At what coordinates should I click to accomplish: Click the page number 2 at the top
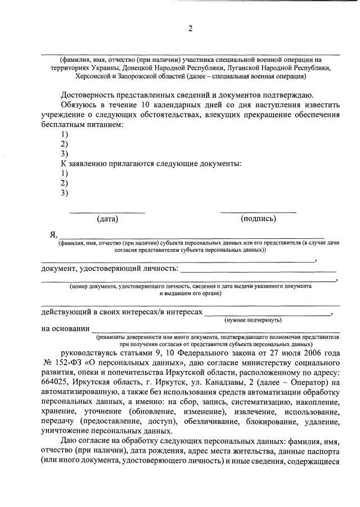[x=190, y=30]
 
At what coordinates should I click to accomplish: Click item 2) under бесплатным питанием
[x=64, y=144]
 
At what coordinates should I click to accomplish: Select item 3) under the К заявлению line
[x=64, y=193]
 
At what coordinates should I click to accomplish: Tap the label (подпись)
[x=258, y=218]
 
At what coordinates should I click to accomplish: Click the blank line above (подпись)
[x=258, y=211]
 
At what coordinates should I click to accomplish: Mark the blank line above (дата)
[x=107, y=211]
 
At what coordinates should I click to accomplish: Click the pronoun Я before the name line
[x=53, y=234]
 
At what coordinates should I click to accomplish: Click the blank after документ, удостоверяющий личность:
[x=259, y=270]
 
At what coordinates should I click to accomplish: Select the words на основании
[x=65, y=329]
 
